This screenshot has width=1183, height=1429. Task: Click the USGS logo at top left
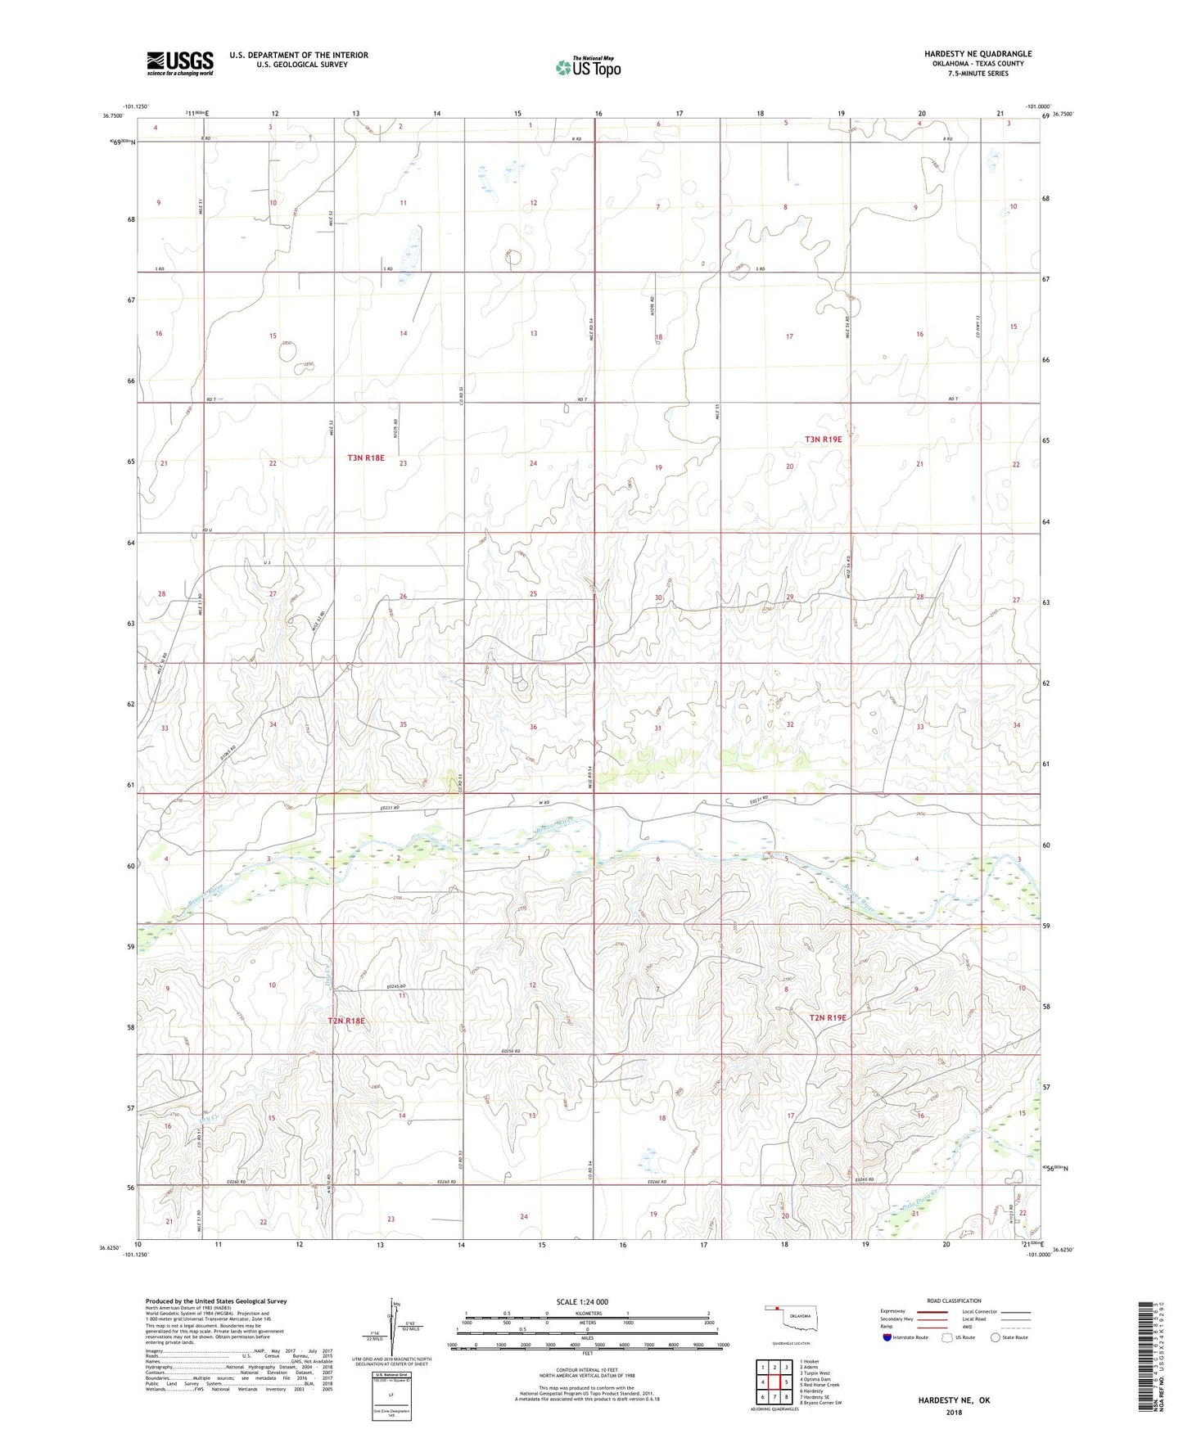coord(179,62)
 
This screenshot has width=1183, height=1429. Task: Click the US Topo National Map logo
coord(588,66)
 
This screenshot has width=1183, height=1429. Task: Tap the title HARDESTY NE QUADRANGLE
coord(978,54)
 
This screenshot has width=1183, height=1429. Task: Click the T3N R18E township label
coord(365,458)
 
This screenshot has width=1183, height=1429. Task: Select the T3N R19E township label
coord(823,440)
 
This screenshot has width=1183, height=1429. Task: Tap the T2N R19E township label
coord(827,1017)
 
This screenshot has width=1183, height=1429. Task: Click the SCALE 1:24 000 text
coord(581,1302)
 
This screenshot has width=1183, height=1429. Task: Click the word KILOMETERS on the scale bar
coord(587,1314)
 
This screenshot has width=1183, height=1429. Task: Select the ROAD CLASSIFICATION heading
coord(954,1301)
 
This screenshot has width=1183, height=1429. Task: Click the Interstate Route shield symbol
coord(887,1338)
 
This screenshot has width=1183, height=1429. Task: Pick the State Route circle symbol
coord(996,1338)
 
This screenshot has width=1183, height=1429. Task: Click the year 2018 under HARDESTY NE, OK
coord(954,1412)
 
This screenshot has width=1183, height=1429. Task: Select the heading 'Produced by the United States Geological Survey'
coord(216,1301)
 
